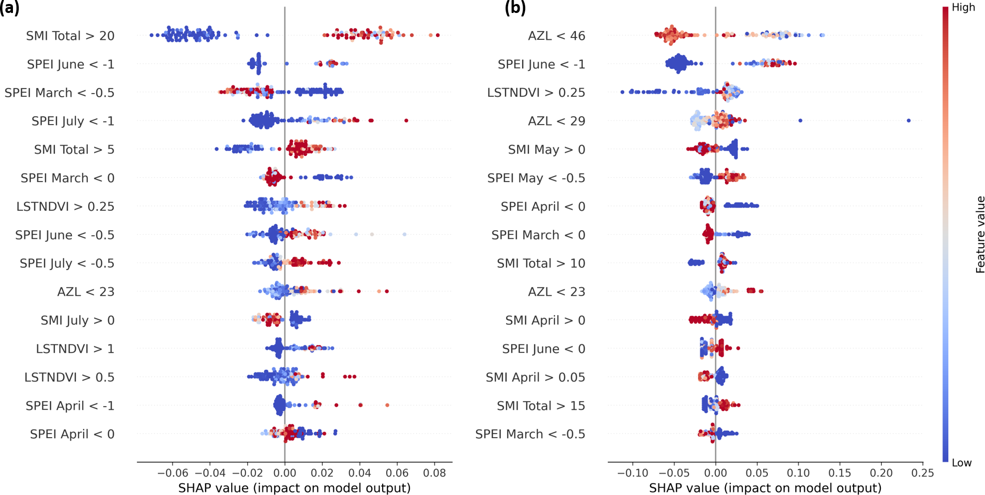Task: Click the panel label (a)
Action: pos(10,8)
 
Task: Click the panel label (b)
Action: pos(515,8)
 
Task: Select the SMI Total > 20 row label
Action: pos(70,36)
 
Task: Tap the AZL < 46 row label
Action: pos(557,36)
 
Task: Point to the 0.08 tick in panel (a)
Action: pos(434,473)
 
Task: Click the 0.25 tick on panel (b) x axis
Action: pos(922,473)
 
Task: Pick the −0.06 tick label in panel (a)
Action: pos(172,473)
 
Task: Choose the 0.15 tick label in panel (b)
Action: pos(840,473)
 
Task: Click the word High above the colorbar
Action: pos(963,7)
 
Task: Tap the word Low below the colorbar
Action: pos(962,463)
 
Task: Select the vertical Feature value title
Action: pos(980,234)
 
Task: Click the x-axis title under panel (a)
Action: pos(294,488)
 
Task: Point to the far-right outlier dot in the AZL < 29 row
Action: pos(909,121)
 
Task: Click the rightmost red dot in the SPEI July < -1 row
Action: pos(406,121)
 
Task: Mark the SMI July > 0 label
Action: pos(77,321)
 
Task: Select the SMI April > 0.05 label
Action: pos(535,377)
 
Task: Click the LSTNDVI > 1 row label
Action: pos(75,349)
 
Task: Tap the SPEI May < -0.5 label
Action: pos(536,178)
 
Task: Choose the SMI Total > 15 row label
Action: pos(541,406)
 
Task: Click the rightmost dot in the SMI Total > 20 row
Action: pos(437,35)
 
